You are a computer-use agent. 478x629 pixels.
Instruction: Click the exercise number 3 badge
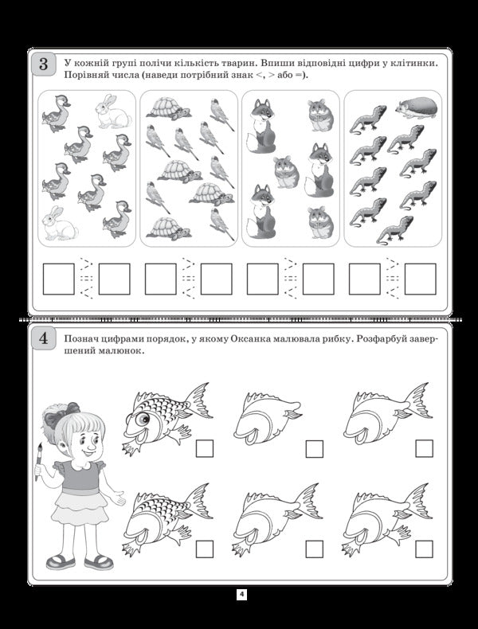42,63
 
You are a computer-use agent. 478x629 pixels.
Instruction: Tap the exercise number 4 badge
42,338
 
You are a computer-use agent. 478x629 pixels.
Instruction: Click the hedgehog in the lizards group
415,107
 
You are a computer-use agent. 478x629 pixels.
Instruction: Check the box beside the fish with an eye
205,449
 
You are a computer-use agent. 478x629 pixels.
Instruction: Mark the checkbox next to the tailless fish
314,449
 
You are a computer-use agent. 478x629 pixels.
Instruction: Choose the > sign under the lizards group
391,264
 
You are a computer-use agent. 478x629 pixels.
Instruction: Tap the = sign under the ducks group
85,279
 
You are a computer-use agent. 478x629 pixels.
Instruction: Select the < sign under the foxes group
290,294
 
